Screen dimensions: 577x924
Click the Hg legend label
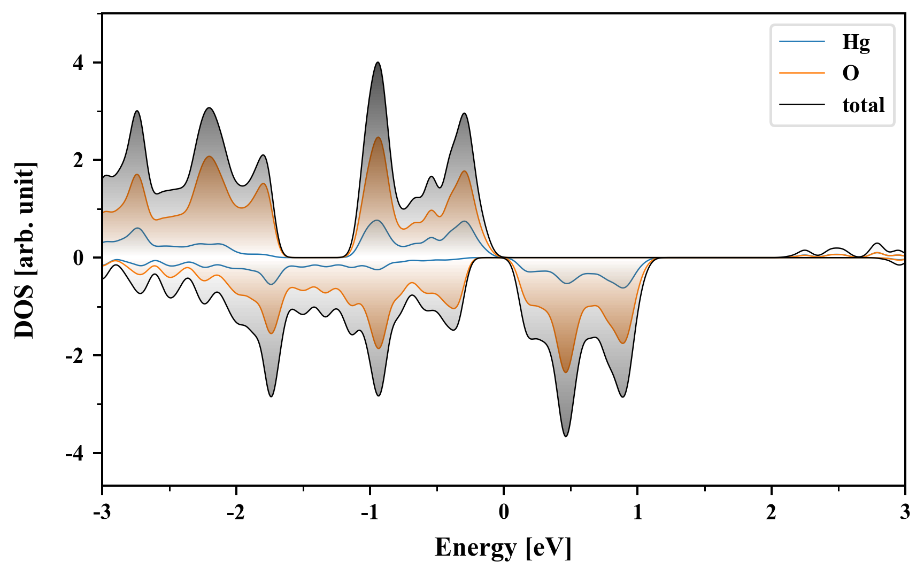[x=856, y=43]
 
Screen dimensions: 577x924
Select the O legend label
[x=850, y=73]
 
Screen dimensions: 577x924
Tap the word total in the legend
[x=863, y=105]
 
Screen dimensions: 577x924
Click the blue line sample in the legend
[x=802, y=42]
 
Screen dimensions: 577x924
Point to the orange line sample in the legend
[x=802, y=73]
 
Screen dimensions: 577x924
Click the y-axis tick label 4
[x=78, y=63]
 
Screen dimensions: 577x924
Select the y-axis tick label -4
[x=75, y=454]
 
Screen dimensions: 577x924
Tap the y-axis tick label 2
[x=78, y=160]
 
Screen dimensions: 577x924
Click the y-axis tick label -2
[x=75, y=356]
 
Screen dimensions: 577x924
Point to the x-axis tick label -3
[x=102, y=513]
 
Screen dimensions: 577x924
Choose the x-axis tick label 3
[x=905, y=513]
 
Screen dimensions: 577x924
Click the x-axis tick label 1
[x=637, y=513]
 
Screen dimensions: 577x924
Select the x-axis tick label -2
[x=235, y=513]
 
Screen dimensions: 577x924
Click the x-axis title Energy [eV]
[x=503, y=548]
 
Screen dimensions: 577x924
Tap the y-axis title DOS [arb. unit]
[x=25, y=250]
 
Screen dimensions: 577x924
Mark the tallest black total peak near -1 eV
[x=378, y=63]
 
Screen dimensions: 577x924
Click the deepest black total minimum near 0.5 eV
[x=566, y=436]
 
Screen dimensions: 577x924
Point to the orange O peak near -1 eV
[x=378, y=137]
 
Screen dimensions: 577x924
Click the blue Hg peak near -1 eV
[x=377, y=220]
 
